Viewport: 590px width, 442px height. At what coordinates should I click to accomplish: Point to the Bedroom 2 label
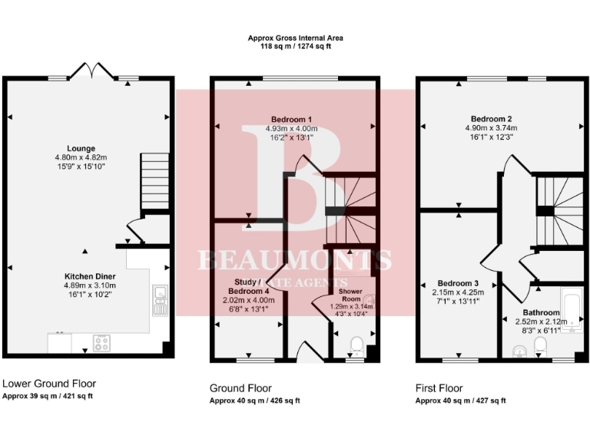coord(492,119)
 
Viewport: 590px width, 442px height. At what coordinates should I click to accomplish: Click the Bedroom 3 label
coord(459,282)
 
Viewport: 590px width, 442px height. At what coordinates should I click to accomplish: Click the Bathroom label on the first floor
coord(542,312)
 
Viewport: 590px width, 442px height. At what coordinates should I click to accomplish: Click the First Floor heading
coord(439,388)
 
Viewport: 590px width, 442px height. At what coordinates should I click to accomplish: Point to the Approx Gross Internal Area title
coord(295,38)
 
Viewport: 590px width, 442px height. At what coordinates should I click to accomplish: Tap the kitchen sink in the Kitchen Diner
coord(160,301)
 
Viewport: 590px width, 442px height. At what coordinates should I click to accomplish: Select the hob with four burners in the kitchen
coord(102,343)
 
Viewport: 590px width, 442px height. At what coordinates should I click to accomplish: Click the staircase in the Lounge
coord(154,180)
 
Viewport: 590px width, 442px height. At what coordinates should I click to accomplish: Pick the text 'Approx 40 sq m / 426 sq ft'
coord(254,401)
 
